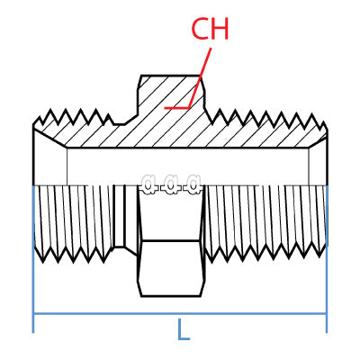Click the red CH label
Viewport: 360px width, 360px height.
(x=210, y=29)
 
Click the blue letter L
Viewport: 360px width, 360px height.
(x=183, y=329)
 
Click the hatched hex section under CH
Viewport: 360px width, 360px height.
(x=171, y=99)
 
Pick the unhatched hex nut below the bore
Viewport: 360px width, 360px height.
(x=171, y=265)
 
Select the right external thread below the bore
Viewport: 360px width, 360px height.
(x=265, y=220)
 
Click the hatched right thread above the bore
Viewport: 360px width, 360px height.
(x=270, y=130)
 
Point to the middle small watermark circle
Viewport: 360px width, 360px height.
(x=171, y=184)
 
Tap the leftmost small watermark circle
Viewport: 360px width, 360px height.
(x=148, y=184)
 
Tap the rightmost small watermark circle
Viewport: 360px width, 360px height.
(x=193, y=184)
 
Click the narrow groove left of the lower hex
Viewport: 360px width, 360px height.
(x=125, y=216)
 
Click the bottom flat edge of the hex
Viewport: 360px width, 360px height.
(x=171, y=294)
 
